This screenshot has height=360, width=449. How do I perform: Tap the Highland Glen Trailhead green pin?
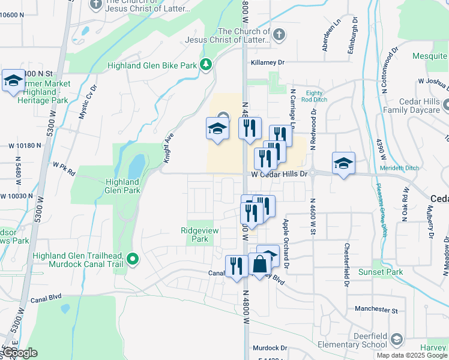(x=133, y=260)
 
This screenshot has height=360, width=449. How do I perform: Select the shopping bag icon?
(x=260, y=265)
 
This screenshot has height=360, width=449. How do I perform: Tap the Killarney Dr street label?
(x=267, y=62)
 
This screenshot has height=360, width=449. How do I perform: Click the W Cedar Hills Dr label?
(x=279, y=174)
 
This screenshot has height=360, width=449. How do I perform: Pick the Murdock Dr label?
(x=270, y=347)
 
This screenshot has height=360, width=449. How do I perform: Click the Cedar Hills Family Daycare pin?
(x=447, y=106)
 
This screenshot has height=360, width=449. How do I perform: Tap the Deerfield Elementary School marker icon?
(x=396, y=340)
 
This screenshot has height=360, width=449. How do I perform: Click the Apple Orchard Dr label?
(x=286, y=243)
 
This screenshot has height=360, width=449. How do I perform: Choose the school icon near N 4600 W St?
(x=343, y=163)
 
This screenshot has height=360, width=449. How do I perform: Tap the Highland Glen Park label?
(x=122, y=186)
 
